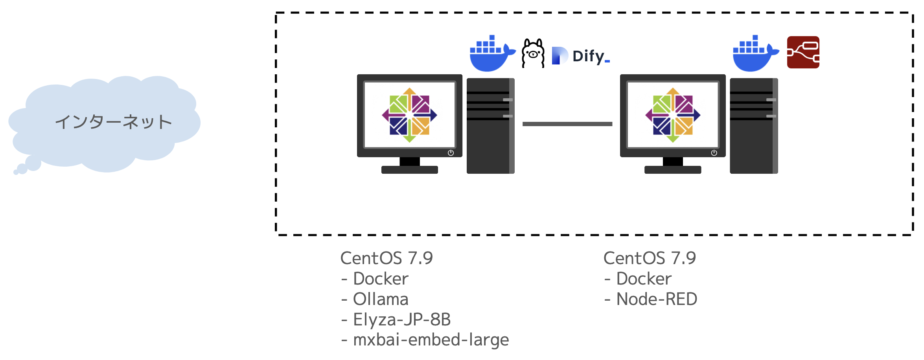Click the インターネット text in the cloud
click(113, 122)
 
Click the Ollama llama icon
click(533, 53)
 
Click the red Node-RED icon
click(803, 52)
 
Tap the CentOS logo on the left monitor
click(409, 115)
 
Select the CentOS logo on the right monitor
click(673, 115)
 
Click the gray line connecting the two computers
click(567, 124)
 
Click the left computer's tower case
click(490, 126)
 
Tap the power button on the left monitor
click(451, 153)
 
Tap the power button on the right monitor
click(714, 153)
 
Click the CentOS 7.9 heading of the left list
click(387, 258)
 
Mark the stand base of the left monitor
click(409, 170)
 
